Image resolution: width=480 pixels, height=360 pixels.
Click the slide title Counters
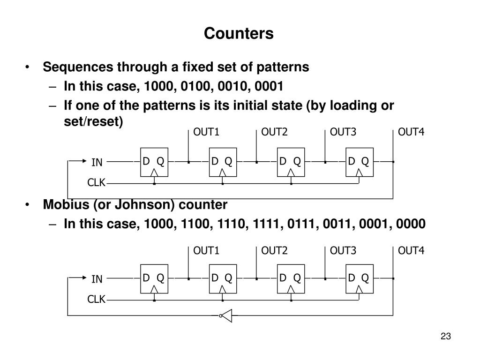pos(239,34)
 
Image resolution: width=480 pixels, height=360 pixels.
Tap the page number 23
pos(445,336)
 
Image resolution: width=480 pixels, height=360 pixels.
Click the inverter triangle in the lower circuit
pos(226,316)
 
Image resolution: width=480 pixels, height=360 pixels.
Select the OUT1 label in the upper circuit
pos(206,132)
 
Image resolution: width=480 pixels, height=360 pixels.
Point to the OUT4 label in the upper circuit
pos(411,132)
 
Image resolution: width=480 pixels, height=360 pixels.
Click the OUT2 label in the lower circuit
pos(274,251)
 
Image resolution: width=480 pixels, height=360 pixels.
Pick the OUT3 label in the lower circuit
pos(343,251)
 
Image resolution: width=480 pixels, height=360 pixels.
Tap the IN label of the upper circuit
pos(97,163)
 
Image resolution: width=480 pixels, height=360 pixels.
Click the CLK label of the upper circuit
pos(97,182)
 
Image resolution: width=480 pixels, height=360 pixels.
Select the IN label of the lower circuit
pos(97,279)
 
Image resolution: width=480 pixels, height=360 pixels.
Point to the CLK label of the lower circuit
pos(97,299)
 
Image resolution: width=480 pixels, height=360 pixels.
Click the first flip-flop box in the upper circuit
pos(154,163)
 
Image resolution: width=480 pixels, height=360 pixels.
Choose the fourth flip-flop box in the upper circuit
pos(359,163)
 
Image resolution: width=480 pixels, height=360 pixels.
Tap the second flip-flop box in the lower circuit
pos(222,279)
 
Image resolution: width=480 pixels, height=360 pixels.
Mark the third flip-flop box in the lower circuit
pos(291,279)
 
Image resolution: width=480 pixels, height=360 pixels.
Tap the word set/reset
pos(93,122)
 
